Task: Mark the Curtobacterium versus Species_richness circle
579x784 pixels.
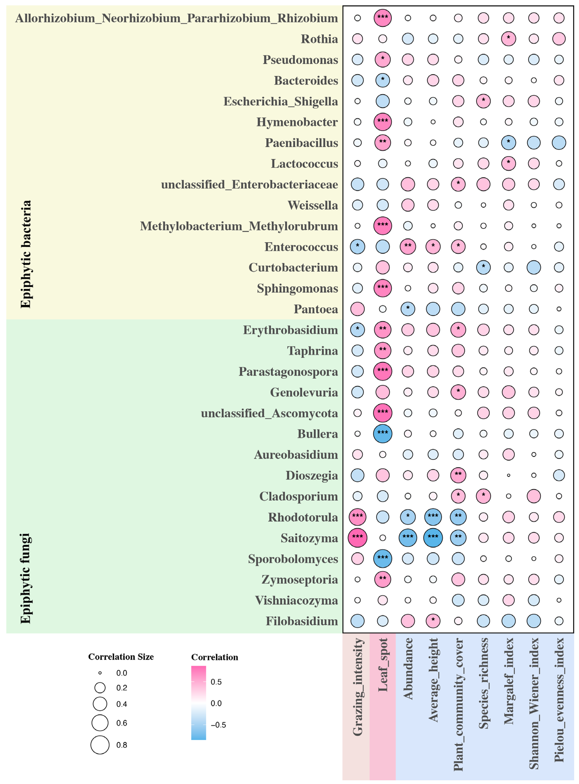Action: tap(483, 267)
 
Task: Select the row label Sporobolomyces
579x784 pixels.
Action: tap(293, 559)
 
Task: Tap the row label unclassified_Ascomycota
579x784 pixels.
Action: tap(269, 413)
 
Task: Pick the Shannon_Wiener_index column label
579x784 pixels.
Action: tap(534, 704)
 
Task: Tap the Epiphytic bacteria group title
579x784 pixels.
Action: tap(25, 254)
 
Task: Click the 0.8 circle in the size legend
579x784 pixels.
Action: tap(100, 745)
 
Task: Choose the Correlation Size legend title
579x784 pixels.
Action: tap(121, 657)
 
